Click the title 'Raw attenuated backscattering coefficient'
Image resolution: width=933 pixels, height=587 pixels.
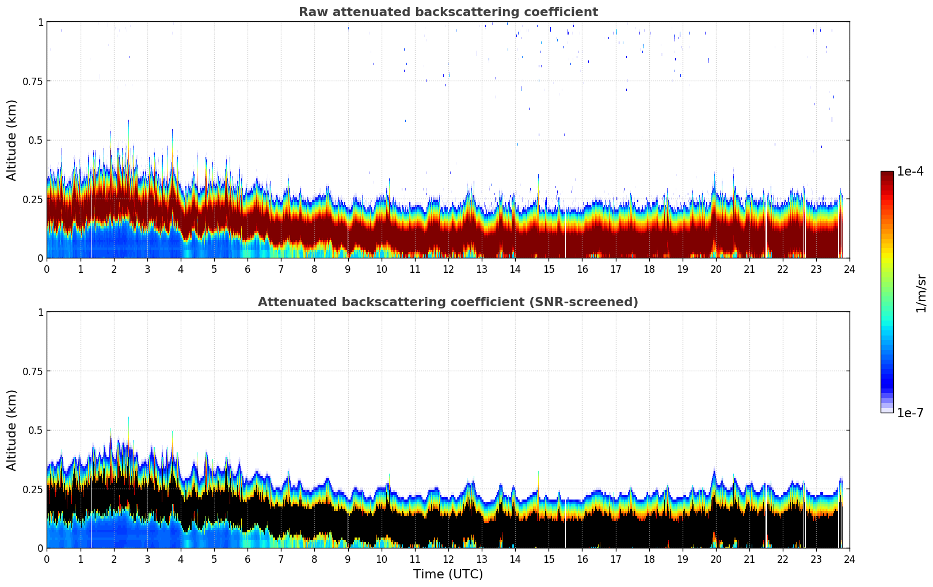pyautogui.click(x=448, y=12)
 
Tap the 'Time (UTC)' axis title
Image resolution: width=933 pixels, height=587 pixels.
pyautogui.click(x=448, y=574)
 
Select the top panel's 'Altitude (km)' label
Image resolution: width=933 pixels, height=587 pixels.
pyautogui.click(x=12, y=140)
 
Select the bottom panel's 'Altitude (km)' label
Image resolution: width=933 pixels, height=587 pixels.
pyautogui.click(x=12, y=430)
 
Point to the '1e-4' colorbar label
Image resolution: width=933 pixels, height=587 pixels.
pyautogui.click(x=910, y=171)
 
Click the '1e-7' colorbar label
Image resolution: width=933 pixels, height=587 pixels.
pyautogui.click(x=910, y=413)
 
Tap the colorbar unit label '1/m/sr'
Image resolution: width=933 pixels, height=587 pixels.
pyautogui.click(x=921, y=293)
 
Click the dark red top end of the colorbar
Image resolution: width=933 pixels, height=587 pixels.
pyautogui.click(x=887, y=174)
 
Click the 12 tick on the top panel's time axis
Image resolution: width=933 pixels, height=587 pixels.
pyautogui.click(x=448, y=269)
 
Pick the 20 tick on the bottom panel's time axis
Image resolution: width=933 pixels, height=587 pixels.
pyautogui.click(x=716, y=559)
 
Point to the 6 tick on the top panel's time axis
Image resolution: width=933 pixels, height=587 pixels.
pyautogui.click(x=247, y=269)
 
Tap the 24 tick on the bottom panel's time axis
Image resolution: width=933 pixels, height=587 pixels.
pyautogui.click(x=850, y=559)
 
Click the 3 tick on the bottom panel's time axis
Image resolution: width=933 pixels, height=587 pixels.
pyautogui.click(x=147, y=559)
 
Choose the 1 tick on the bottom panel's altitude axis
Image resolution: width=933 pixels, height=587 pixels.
pyautogui.click(x=40, y=312)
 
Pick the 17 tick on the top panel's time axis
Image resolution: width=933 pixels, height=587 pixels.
pyautogui.click(x=615, y=269)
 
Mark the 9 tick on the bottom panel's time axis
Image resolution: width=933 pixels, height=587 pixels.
pyautogui.click(x=348, y=559)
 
